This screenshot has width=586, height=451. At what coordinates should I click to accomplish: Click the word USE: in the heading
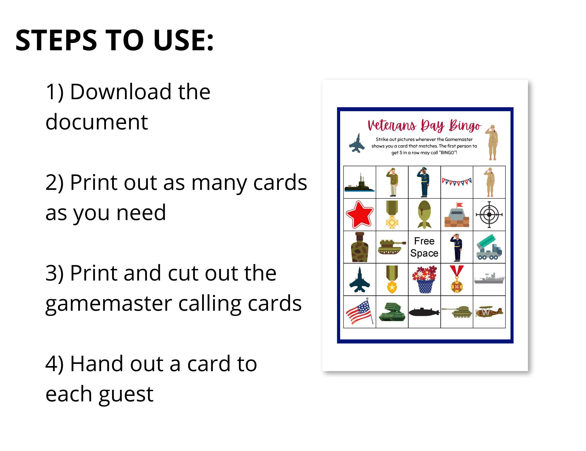point(183,40)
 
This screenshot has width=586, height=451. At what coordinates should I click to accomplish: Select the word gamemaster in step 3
point(108,304)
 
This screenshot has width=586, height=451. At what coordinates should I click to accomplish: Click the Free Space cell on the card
point(424,247)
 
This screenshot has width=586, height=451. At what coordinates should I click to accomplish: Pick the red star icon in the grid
point(359,214)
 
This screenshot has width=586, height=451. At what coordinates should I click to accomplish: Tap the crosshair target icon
point(489,214)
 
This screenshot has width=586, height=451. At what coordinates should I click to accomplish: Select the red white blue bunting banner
point(456,182)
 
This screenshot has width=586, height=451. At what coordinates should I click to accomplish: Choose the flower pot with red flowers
point(424,279)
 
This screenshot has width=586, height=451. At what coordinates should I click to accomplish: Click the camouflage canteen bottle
point(359,247)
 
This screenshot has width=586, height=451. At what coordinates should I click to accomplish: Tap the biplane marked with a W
point(489,312)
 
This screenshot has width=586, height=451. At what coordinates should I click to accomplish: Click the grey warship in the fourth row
point(489,279)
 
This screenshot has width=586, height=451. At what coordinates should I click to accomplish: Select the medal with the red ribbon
point(457,279)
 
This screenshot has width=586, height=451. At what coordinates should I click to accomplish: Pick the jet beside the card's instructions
point(357,143)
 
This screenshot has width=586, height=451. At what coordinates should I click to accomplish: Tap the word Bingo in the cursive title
point(465,126)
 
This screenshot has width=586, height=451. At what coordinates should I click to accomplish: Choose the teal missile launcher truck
point(489,247)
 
